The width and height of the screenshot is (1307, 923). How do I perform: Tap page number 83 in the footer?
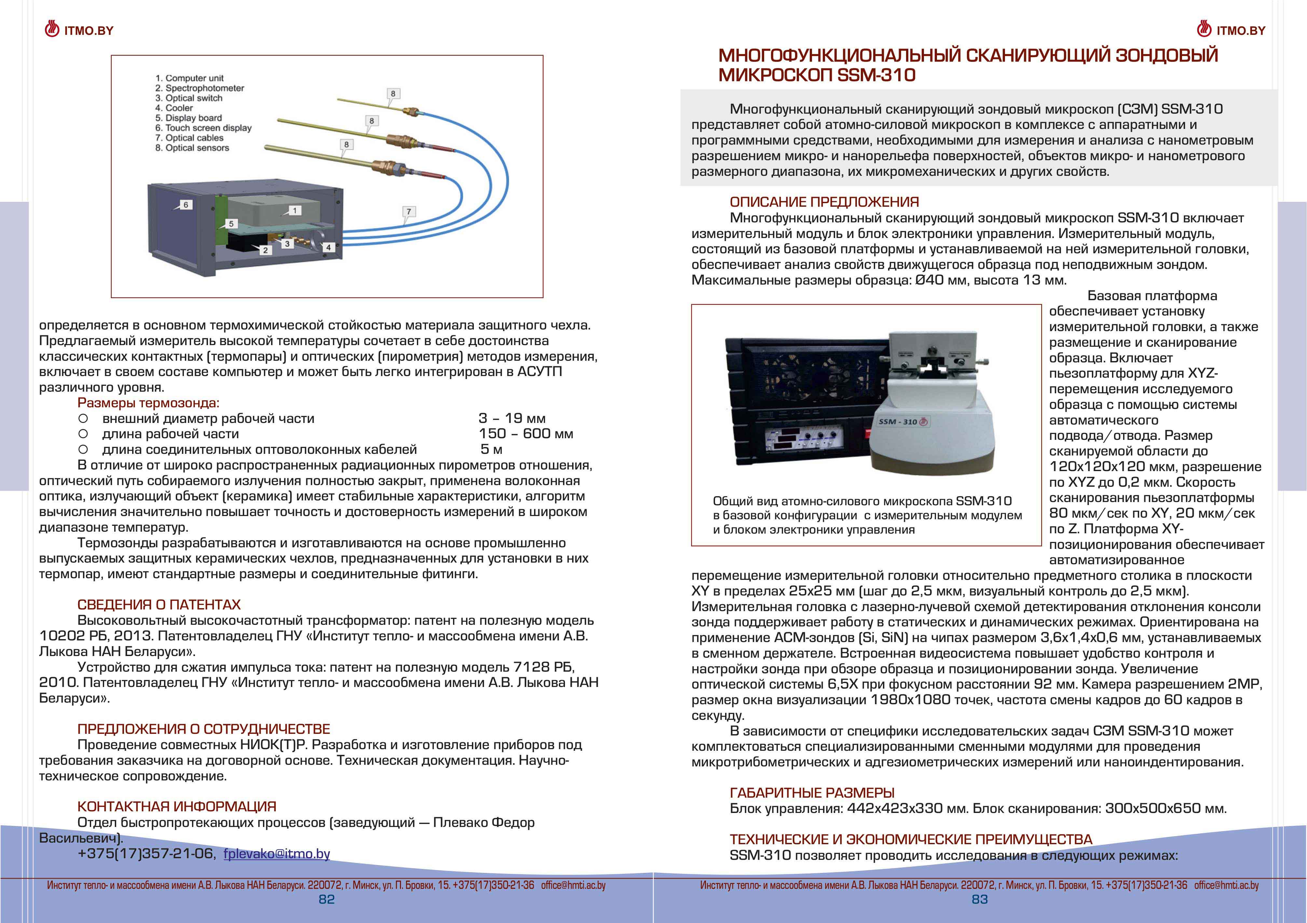pyautogui.click(x=980, y=899)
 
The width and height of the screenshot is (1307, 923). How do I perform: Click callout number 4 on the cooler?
pyautogui.click(x=328, y=247)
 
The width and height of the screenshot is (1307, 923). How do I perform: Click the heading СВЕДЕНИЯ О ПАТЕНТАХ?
pyautogui.click(x=159, y=605)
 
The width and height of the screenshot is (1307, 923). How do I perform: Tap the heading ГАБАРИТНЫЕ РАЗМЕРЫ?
pyautogui.click(x=812, y=792)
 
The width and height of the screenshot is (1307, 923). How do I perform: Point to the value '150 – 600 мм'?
pyautogui.click(x=525, y=434)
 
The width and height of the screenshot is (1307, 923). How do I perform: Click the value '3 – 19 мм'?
pyautogui.click(x=512, y=418)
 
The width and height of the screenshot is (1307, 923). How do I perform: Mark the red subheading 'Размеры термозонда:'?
pyautogui.click(x=148, y=403)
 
